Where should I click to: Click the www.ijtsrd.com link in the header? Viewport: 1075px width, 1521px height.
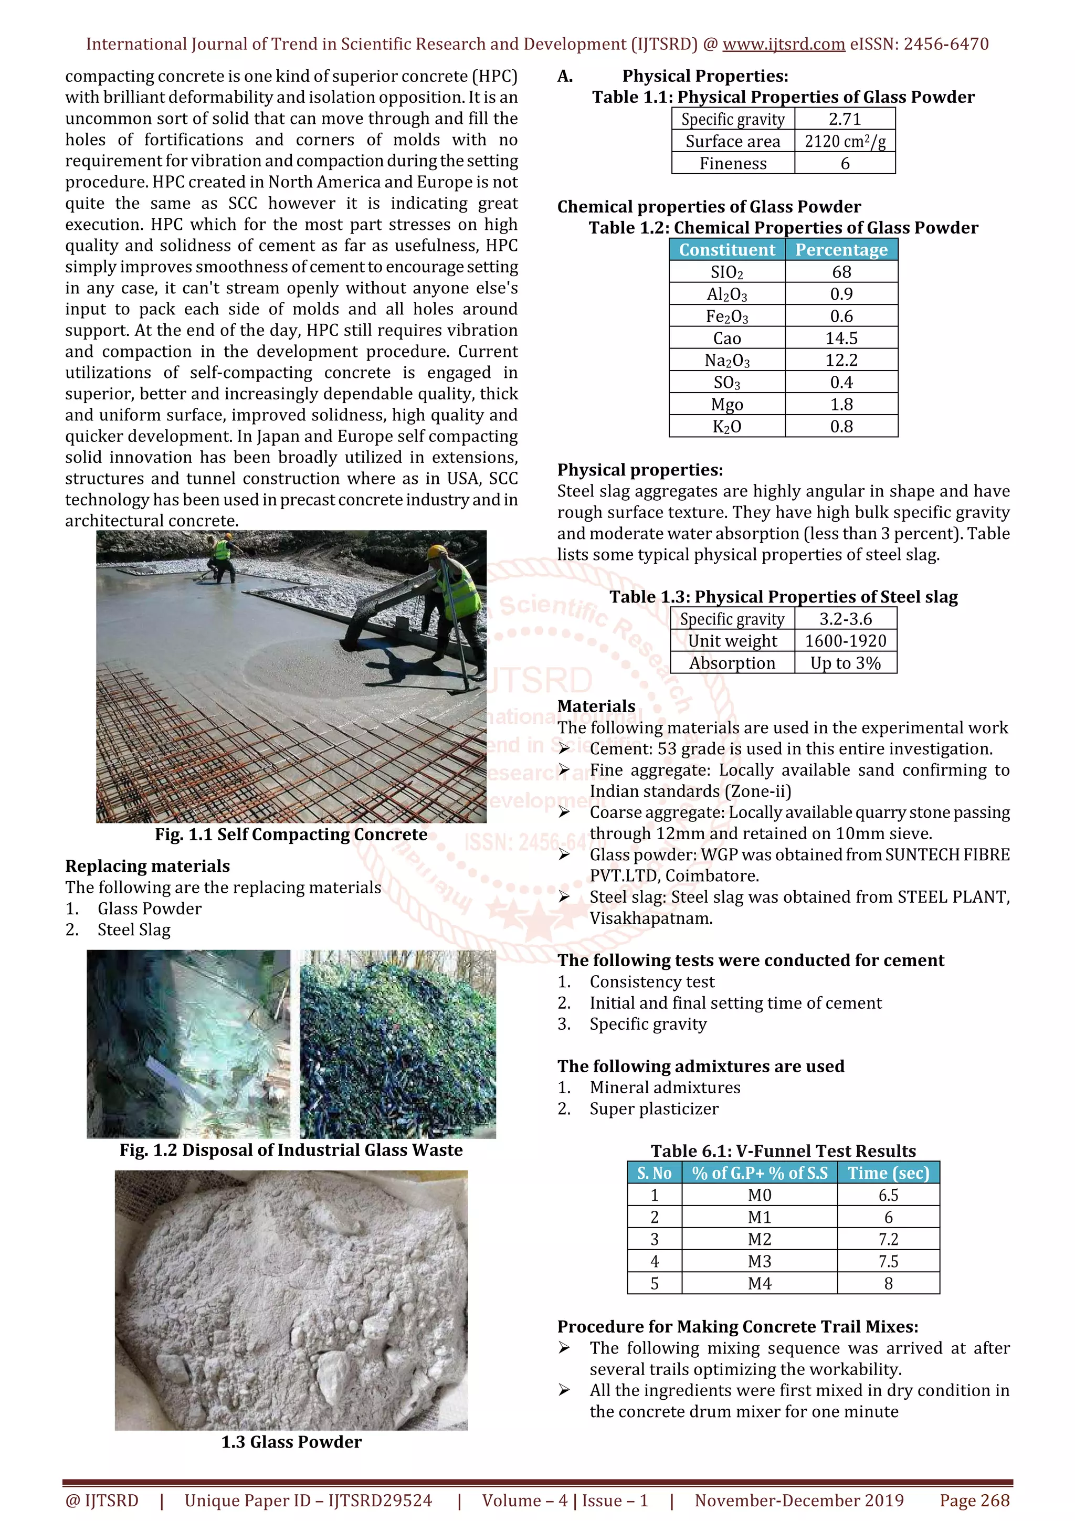(783, 45)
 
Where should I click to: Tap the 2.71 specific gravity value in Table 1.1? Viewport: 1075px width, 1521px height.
(845, 119)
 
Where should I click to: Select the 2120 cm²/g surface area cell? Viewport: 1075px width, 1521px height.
(845, 142)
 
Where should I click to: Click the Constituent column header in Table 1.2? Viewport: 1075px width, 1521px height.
(726, 250)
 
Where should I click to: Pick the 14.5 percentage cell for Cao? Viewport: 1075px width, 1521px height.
(841, 339)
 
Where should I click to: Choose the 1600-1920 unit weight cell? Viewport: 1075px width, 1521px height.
(845, 641)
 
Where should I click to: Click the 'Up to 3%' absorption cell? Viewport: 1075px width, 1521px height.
(845, 663)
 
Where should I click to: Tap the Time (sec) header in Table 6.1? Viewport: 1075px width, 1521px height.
(888, 1173)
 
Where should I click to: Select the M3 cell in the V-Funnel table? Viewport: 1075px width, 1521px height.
(759, 1261)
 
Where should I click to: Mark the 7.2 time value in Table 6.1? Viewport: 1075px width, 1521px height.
(888, 1240)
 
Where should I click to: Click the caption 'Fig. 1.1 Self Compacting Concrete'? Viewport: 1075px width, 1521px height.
(291, 835)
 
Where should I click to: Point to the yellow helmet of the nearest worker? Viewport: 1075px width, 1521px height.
(437, 552)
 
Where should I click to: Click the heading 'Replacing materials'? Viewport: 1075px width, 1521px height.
(147, 867)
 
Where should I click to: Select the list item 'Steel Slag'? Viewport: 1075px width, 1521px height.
(134, 930)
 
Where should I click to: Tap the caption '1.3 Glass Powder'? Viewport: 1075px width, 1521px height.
(291, 1442)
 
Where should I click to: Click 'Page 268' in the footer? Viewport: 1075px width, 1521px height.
(974, 1501)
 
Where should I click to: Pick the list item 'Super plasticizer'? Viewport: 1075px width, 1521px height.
(654, 1109)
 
